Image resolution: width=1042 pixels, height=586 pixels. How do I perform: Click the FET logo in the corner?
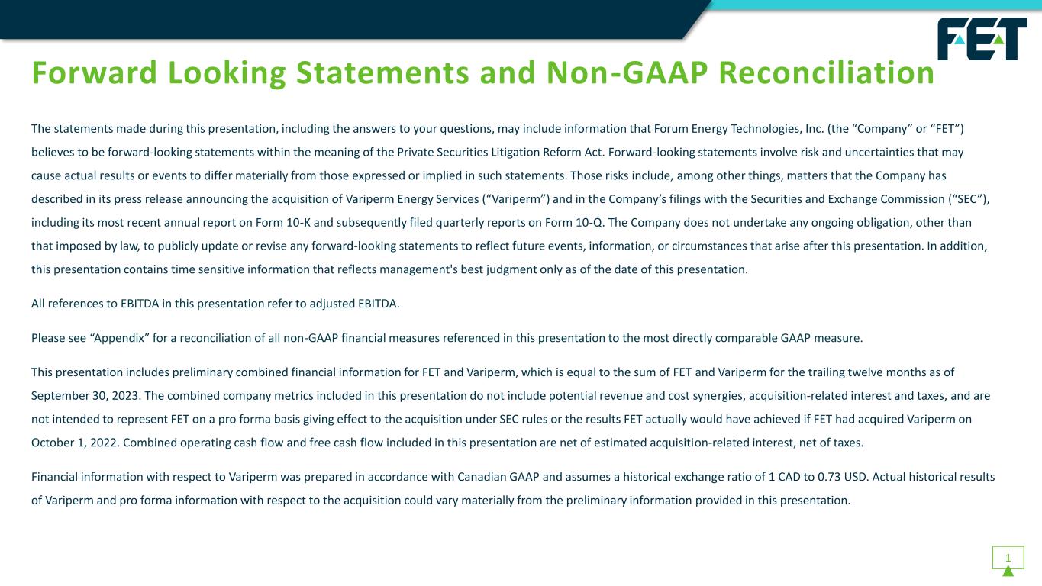[x=982, y=39]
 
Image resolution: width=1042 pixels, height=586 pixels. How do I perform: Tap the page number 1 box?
[x=1008, y=557]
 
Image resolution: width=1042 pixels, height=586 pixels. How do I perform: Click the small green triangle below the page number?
[x=1008, y=572]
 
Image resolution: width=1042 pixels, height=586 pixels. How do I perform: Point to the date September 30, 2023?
[x=82, y=396]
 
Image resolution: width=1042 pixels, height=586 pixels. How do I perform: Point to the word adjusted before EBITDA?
[x=334, y=304]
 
